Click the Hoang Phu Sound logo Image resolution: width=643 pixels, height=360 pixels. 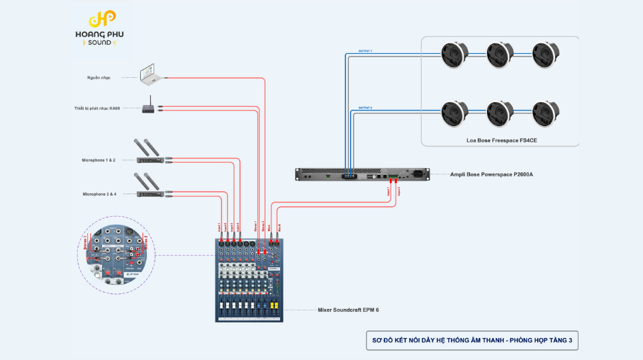104,29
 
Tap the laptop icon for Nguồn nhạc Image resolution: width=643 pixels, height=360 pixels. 147,72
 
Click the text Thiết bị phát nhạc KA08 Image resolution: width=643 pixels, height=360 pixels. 98,108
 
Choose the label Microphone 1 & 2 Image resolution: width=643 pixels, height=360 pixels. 99,160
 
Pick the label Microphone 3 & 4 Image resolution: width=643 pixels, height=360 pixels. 99,193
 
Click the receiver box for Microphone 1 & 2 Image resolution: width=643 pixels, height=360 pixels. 150,160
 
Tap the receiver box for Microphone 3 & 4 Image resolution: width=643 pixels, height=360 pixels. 150,193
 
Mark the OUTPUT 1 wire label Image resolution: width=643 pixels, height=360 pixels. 365,52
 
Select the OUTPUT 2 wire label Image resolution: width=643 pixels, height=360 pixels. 365,108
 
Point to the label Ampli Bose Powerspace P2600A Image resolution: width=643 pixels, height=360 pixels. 492,174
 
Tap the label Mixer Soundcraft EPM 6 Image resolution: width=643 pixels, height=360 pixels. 349,310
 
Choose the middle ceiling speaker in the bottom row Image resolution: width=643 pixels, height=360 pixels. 500,113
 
